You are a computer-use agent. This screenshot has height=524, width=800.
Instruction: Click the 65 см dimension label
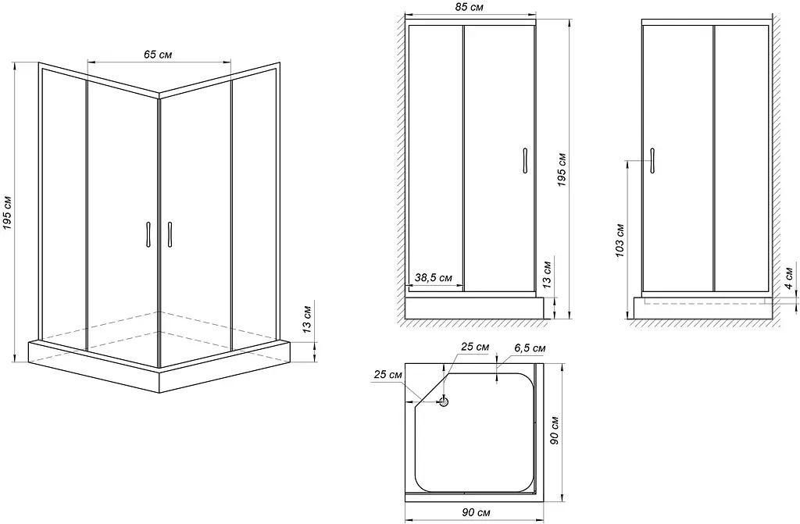[158, 54]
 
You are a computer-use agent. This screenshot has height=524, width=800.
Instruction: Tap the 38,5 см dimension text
[433, 277]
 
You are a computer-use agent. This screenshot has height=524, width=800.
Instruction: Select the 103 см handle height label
[620, 240]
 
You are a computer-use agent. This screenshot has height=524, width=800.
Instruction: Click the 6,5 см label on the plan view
[530, 348]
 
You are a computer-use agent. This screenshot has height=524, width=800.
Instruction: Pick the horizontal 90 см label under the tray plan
[476, 512]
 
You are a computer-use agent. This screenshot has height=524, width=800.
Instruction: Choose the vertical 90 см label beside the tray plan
[555, 430]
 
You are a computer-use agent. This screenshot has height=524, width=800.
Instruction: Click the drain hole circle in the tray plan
[444, 401]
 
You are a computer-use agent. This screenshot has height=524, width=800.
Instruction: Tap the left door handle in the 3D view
[148, 234]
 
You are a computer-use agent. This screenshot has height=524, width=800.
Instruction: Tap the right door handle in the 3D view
[170, 234]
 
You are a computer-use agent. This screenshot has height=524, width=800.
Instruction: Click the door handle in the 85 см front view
[524, 161]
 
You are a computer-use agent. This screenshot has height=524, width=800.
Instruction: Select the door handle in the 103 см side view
[652, 161]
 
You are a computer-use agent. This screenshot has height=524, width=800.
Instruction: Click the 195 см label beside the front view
[562, 169]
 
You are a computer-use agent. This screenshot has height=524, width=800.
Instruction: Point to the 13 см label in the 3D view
[306, 319]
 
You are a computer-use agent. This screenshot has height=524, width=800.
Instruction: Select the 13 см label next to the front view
[548, 275]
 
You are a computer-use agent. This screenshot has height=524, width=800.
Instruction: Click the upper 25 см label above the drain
[475, 347]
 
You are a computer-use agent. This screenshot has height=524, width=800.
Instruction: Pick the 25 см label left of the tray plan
[388, 375]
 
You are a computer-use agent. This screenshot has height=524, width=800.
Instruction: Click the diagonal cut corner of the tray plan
[431, 387]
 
